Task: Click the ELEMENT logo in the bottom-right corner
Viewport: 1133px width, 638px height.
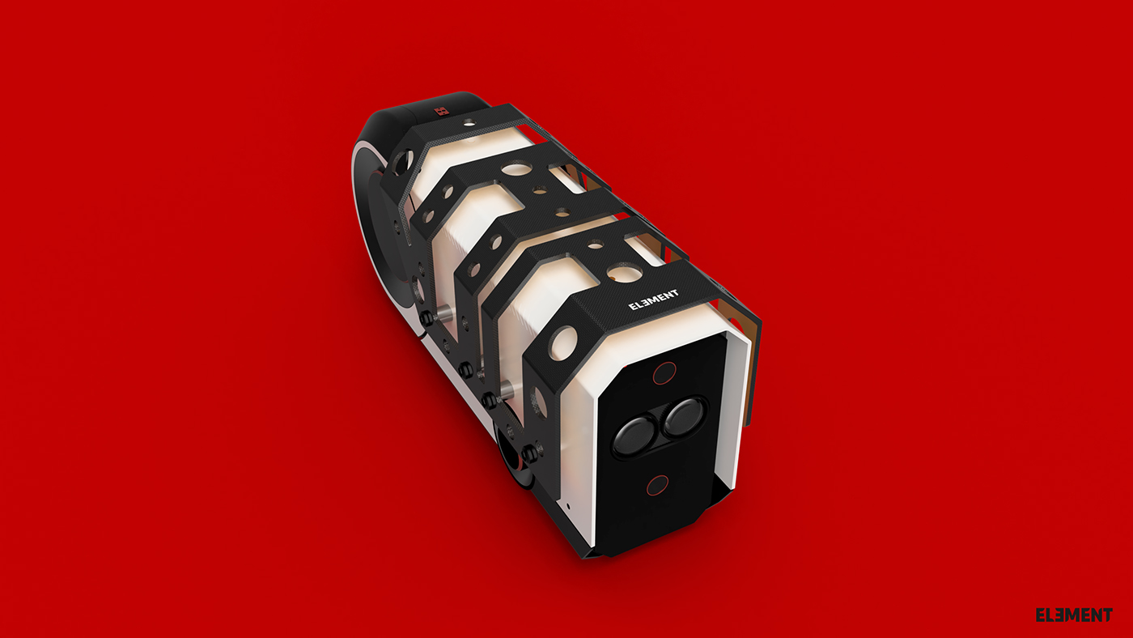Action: point(1073,615)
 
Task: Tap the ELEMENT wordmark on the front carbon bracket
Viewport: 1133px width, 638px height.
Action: point(654,300)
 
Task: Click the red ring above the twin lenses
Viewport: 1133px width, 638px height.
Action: point(664,373)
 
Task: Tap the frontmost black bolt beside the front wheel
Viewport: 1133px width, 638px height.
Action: point(530,454)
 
